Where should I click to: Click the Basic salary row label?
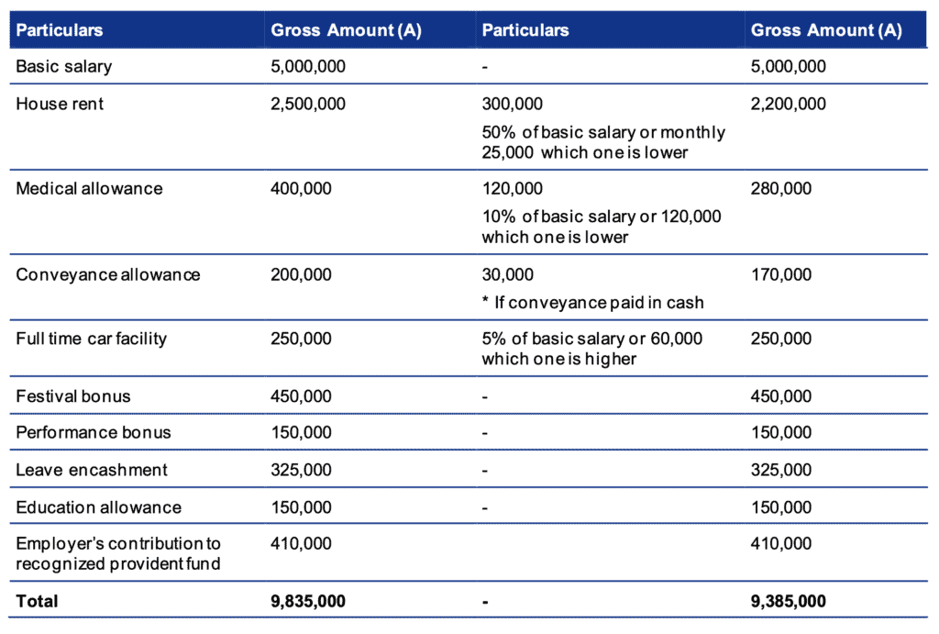(63, 66)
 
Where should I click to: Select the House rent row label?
(60, 104)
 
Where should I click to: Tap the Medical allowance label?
(89, 189)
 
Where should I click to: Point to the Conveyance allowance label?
(108, 275)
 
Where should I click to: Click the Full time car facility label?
(91, 339)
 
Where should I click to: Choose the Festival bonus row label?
(73, 396)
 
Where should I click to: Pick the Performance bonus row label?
(94, 433)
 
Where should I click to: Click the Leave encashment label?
(92, 470)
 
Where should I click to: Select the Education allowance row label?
(98, 507)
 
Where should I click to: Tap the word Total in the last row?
(37, 601)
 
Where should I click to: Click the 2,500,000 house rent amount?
(308, 105)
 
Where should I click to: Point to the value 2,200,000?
(788, 105)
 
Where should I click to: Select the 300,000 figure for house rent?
(512, 105)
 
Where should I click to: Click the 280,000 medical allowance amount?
(781, 189)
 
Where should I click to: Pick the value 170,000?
(781, 275)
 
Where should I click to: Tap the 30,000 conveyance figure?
(507, 275)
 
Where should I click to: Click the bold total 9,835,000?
(308, 602)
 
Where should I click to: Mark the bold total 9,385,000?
(788, 602)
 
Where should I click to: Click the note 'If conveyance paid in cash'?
(599, 303)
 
